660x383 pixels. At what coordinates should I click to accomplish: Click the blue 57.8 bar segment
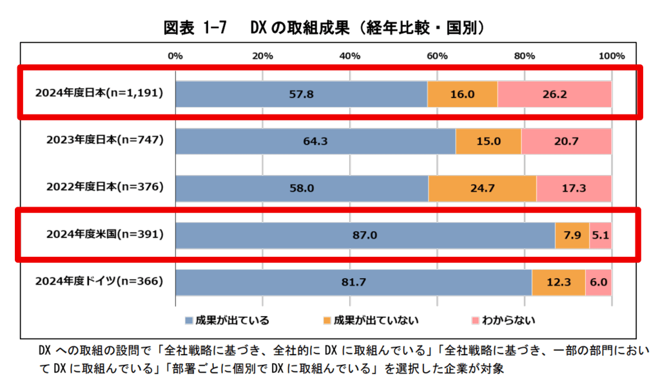point(301,94)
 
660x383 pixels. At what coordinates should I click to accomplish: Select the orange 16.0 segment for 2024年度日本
point(462,94)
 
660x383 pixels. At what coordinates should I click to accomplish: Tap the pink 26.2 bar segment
point(554,94)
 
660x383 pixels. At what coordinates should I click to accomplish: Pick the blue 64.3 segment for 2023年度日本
point(315,141)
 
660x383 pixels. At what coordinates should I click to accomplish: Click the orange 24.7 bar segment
point(482,188)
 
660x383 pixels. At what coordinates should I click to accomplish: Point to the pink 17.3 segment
point(574,188)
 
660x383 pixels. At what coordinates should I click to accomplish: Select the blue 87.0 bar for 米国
point(365,236)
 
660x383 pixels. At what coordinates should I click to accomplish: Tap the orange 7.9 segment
point(572,236)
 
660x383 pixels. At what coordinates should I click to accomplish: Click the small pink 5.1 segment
point(600,236)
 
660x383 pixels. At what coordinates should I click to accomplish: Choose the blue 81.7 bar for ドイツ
point(353,282)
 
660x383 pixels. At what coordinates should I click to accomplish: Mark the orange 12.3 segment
point(558,282)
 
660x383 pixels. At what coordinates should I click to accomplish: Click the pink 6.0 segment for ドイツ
point(598,282)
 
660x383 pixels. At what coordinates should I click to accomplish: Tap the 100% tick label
point(612,56)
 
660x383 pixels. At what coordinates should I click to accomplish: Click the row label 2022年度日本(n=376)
point(104,187)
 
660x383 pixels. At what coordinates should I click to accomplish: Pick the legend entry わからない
point(500,319)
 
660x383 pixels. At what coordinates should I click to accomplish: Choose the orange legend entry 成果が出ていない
point(371,319)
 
